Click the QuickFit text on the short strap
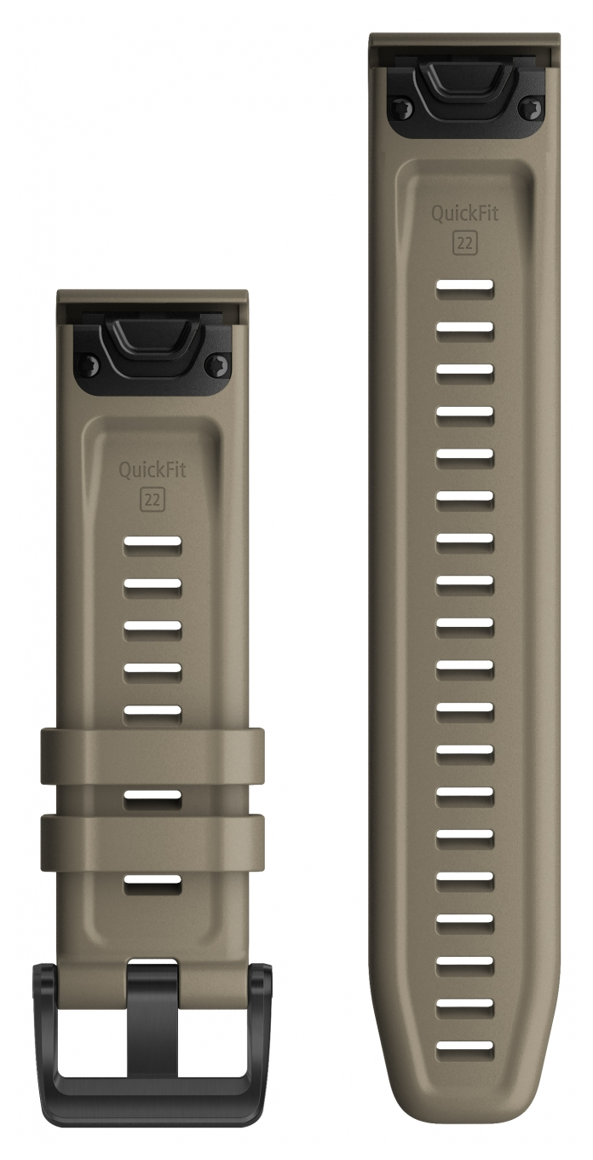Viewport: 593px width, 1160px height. click(x=153, y=470)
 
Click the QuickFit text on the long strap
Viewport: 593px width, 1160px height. click(x=464, y=213)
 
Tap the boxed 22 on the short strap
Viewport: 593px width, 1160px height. click(x=153, y=499)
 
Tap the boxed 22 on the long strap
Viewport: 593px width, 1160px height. click(x=464, y=243)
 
